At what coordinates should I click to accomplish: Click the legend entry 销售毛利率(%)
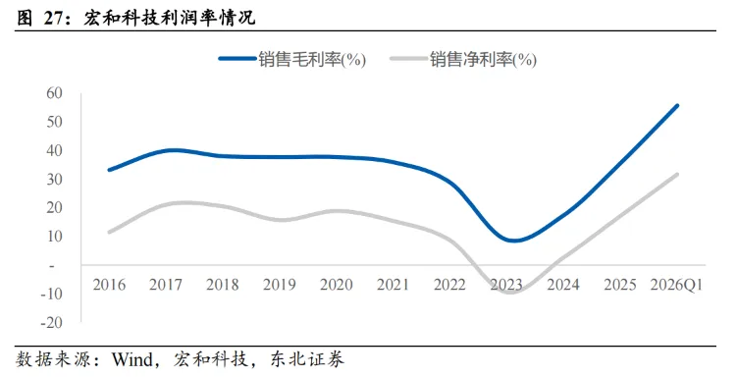coord(291,59)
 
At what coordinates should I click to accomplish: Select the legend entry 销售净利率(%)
coord(463,59)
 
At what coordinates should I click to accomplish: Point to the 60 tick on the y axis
coord(54,93)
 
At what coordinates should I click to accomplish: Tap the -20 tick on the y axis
coord(51,322)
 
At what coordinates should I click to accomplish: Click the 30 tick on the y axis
coord(54,179)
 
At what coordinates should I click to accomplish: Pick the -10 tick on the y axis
coord(51,294)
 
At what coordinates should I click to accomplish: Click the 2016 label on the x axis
coord(109,285)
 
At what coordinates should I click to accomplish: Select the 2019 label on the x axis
coord(279,285)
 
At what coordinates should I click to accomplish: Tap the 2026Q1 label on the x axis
coord(677,285)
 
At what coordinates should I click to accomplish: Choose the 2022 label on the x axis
coord(449,285)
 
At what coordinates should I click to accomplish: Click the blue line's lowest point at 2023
coord(514,241)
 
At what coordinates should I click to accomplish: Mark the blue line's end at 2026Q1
coord(677,105)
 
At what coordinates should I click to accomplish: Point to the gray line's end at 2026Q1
coord(677,175)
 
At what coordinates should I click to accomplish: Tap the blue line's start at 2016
coord(109,170)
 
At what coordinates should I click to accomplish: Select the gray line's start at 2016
coord(109,232)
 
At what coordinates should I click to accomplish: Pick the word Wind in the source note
coord(132,359)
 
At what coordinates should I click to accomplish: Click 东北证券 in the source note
coord(307,359)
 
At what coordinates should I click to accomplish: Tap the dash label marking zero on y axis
coord(52,266)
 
